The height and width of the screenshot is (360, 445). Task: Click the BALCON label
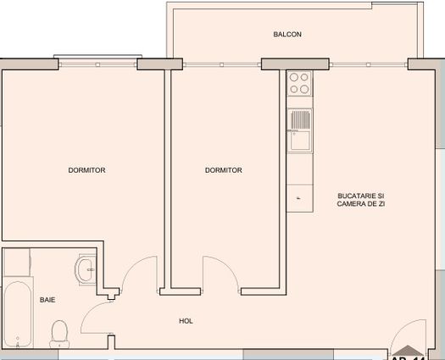click(x=287, y=35)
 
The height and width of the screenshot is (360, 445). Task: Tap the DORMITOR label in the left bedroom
click(x=86, y=170)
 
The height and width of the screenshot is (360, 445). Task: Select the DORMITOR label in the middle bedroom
click(x=224, y=170)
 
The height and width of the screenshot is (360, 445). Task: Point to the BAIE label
click(x=47, y=300)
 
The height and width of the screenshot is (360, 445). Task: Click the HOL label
click(x=186, y=321)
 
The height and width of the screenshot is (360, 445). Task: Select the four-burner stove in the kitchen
click(x=299, y=83)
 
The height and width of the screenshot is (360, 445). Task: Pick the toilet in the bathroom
click(x=59, y=332)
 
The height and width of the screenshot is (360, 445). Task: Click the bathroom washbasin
click(x=86, y=271)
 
